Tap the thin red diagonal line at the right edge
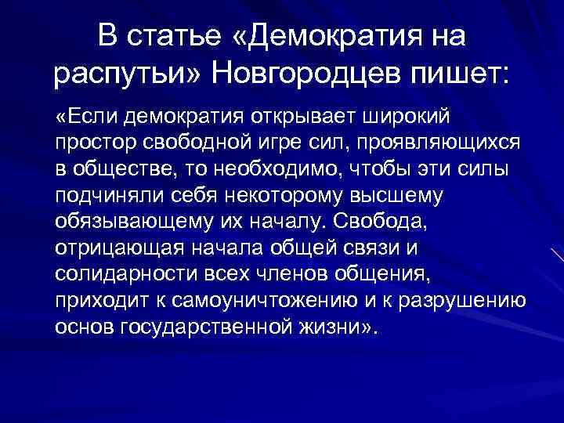click(x=557, y=258)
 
